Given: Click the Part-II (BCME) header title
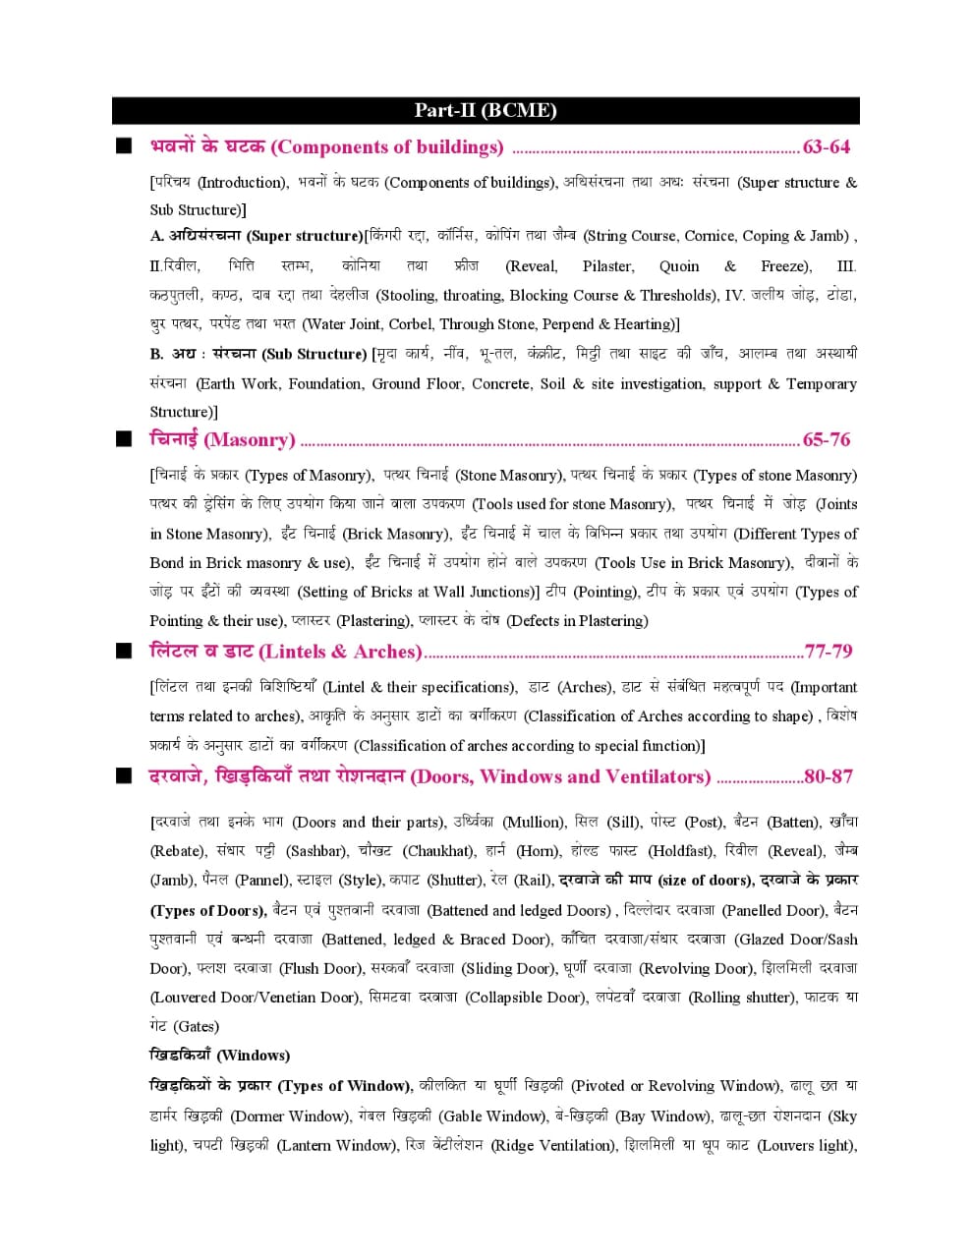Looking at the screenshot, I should (x=486, y=110).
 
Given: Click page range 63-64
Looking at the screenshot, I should (x=827, y=147).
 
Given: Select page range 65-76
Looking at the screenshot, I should (x=827, y=439).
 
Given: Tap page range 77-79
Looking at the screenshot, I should (x=828, y=652).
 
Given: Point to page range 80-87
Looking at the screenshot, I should (x=828, y=776).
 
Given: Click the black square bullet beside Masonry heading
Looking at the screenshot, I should (x=123, y=439).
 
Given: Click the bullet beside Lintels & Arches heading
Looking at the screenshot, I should (x=123, y=652).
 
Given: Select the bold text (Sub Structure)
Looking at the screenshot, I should (x=314, y=354).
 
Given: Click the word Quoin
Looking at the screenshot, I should (x=679, y=266).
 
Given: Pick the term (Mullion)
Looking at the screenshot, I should (x=534, y=823).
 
